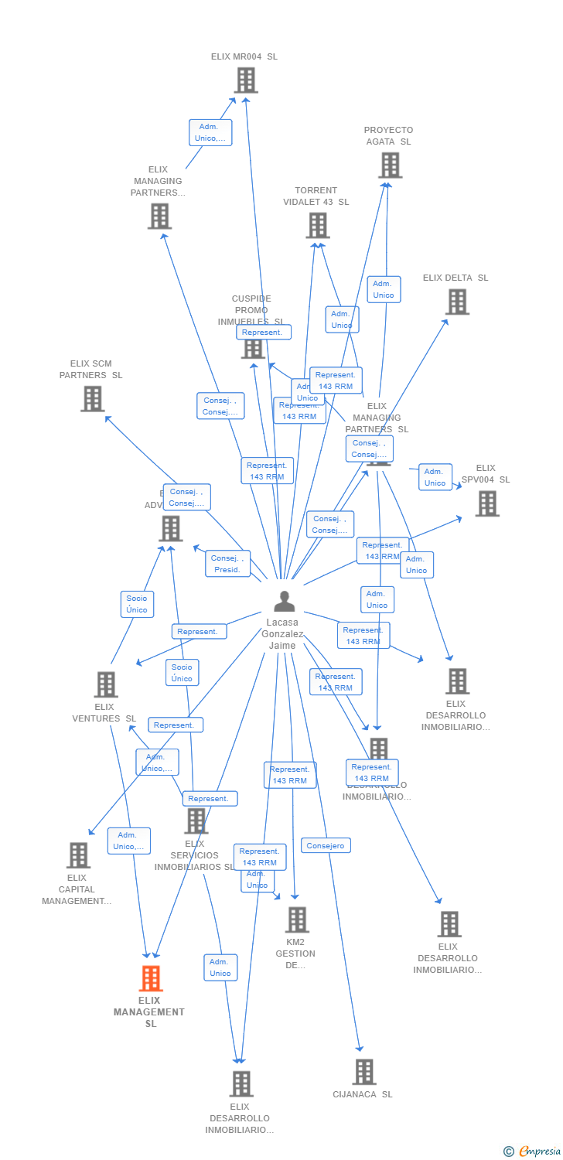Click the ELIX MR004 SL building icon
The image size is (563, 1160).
pyautogui.click(x=245, y=80)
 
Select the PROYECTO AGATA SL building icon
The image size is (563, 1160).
pyautogui.click(x=390, y=165)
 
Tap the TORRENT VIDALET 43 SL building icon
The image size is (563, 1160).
pyautogui.click(x=317, y=225)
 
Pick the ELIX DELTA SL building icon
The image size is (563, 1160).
pyautogui.click(x=457, y=302)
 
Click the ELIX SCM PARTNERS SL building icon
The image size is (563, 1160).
pyautogui.click(x=92, y=399)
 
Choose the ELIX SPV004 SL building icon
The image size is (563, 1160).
pyautogui.click(x=486, y=503)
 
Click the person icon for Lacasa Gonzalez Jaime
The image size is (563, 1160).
pyautogui.click(x=285, y=601)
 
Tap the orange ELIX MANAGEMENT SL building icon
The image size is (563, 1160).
pyautogui.click(x=151, y=978)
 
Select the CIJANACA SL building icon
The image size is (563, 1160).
pyautogui.click(x=363, y=1072)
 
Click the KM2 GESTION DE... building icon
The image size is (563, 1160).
pyautogui.click(x=297, y=920)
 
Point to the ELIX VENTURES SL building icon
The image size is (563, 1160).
pyautogui.click(x=105, y=684)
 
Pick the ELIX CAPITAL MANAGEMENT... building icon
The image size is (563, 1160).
pyautogui.click(x=78, y=855)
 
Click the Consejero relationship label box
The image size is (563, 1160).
pyautogui.click(x=326, y=845)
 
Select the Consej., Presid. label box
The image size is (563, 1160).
pyautogui.click(x=227, y=564)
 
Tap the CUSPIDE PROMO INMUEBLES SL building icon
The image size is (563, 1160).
pyautogui.click(x=253, y=349)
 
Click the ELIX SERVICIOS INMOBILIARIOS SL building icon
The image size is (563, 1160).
pyautogui.click(x=196, y=821)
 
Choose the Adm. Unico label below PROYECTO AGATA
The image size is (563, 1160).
pyautogui.click(x=384, y=289)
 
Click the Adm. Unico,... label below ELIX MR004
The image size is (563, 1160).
pyautogui.click(x=210, y=132)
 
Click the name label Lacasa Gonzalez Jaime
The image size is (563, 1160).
pyautogui.click(x=283, y=633)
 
